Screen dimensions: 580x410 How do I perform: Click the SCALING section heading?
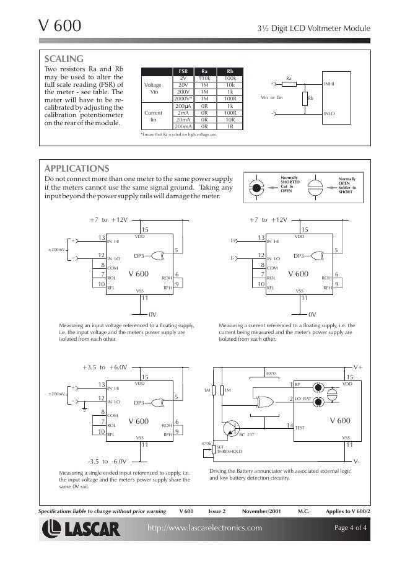[64, 59]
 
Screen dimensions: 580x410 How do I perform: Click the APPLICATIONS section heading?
[77, 169]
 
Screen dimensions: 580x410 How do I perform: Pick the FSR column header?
[183, 72]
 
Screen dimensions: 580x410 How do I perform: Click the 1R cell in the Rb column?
[230, 126]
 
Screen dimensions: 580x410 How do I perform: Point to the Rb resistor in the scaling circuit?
[305, 99]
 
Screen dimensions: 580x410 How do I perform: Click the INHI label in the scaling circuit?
[329, 84]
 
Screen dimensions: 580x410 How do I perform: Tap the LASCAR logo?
[81, 529]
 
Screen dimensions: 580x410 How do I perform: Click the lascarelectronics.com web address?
[204, 528]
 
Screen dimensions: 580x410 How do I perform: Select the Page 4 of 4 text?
[351, 528]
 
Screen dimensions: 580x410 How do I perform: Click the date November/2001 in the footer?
[262, 511]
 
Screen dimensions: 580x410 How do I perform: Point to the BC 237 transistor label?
[246, 435]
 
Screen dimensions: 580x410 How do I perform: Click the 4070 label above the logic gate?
[270, 374]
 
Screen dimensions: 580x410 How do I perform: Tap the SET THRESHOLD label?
[229, 449]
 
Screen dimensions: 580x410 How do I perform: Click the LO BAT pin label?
[303, 398]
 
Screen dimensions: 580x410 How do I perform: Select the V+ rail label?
[358, 367]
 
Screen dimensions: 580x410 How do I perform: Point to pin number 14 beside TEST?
[289, 424]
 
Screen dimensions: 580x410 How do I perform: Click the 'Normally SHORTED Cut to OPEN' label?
[290, 185]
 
